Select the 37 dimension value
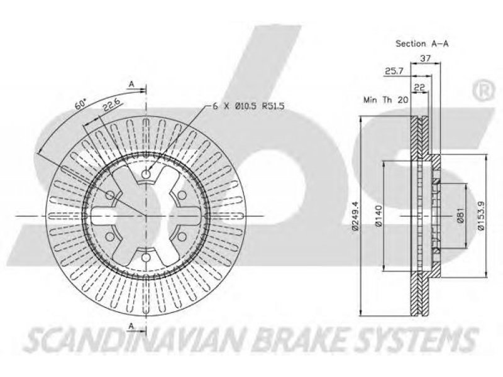point(425,58)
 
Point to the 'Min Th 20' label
point(385,100)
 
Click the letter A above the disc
point(132,84)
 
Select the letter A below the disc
point(132,325)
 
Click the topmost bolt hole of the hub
point(146,175)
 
